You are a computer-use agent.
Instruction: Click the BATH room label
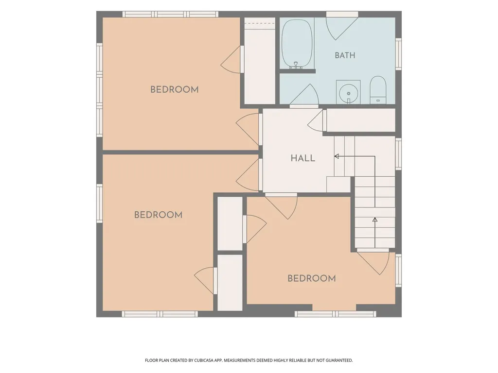coord(345,55)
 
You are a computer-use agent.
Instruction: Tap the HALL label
coord(303,158)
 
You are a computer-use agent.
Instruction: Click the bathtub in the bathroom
coord(297,44)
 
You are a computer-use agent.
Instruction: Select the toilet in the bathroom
coord(378,90)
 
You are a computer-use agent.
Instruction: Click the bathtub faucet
coord(296,66)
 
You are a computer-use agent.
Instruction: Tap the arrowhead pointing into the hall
coord(337,156)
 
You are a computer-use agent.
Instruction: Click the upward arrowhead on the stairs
coord(375,220)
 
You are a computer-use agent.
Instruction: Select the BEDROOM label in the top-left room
coord(175,90)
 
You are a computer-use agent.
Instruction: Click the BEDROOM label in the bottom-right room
coord(312,278)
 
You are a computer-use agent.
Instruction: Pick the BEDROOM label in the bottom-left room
coord(158,215)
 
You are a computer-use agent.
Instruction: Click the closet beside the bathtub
coord(260,61)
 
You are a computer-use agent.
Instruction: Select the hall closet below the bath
coord(361,120)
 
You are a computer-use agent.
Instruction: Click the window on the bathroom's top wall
coord(342,14)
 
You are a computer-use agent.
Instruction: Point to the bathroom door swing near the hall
coord(304,95)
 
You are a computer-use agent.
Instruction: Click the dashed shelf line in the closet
coord(260,23)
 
